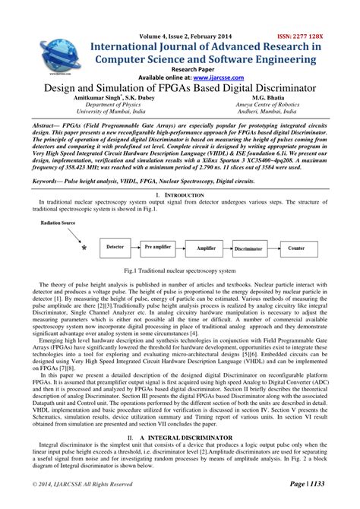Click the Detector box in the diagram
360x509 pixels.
click(x=115, y=247)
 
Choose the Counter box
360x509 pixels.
click(x=296, y=248)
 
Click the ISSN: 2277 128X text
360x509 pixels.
click(x=311, y=36)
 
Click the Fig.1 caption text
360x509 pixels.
click(x=180, y=270)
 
